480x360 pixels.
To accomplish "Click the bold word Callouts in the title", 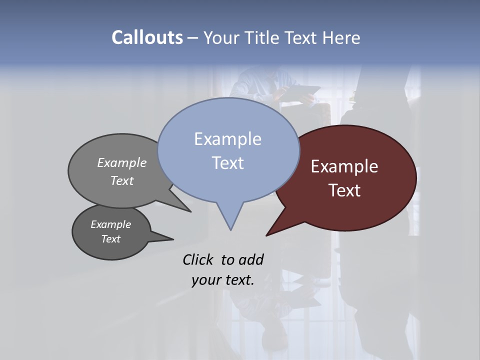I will [147, 37].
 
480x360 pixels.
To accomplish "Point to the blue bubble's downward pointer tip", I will [230, 228].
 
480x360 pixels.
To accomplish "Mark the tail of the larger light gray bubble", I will [188, 210].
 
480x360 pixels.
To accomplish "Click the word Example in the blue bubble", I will [227, 139].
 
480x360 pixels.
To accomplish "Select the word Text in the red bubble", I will [344, 190].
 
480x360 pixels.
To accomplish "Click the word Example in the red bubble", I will [344, 166].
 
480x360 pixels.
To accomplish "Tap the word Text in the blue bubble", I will [227, 163].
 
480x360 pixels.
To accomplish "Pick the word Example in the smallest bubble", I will [110, 224].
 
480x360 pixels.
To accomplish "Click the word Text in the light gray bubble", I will [122, 180].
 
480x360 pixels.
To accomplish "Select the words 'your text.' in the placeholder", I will [223, 280].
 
